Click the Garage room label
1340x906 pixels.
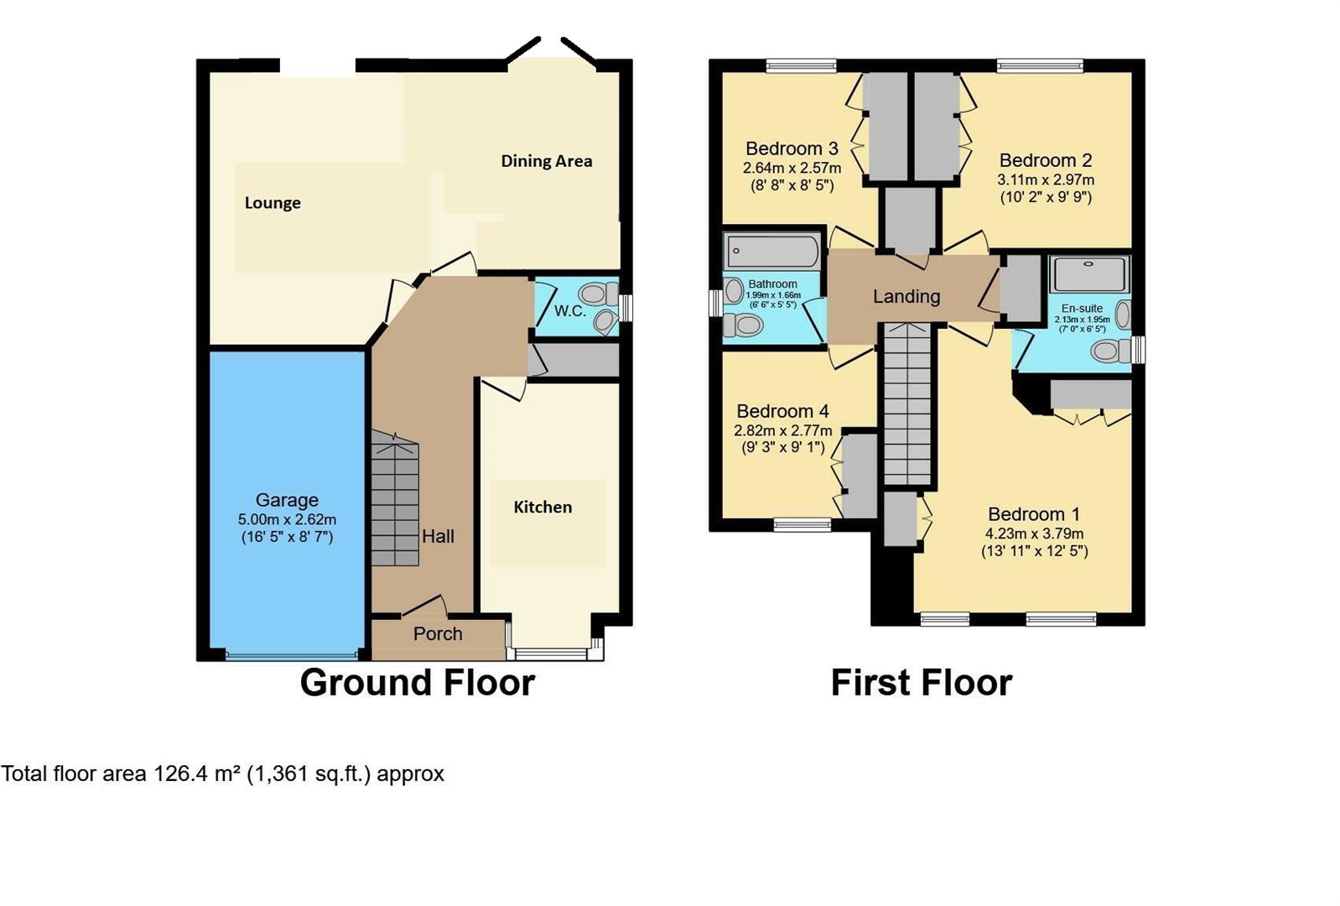(287, 500)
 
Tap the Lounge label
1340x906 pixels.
(273, 203)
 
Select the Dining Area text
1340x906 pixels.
(547, 161)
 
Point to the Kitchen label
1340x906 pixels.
(543, 507)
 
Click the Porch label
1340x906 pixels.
(438, 634)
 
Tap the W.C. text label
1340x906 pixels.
(570, 311)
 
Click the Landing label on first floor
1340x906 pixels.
(906, 296)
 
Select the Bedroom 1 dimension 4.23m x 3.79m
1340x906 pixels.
(1034, 534)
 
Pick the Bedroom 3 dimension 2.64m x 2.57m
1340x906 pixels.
(792, 168)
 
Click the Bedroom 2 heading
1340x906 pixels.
(1045, 160)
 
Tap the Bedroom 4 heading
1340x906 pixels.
(782, 411)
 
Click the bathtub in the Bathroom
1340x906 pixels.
(772, 250)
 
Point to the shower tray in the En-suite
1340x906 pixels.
(1089, 273)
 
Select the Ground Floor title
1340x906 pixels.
(417, 683)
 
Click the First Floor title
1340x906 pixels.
(921, 683)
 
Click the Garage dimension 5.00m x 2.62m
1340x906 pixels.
(287, 519)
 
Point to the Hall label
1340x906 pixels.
(438, 537)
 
